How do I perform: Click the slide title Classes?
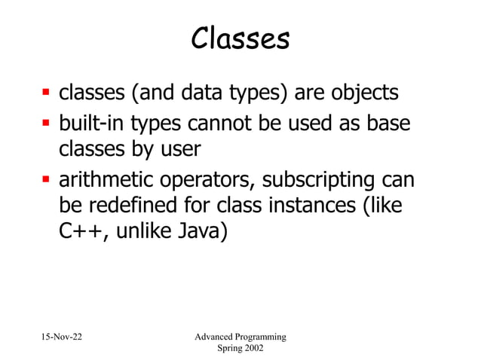click(240, 39)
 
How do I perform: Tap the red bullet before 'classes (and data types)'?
click(44, 95)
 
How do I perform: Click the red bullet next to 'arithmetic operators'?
click(44, 182)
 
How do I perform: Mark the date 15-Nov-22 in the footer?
click(57, 336)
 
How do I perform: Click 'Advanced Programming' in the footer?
click(240, 336)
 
